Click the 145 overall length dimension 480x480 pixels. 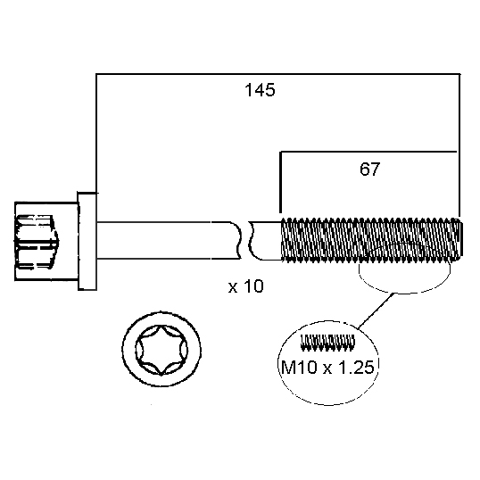tap(260, 90)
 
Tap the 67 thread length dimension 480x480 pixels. tap(369, 169)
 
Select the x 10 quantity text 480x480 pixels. tap(246, 286)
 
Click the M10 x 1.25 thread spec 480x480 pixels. tap(327, 367)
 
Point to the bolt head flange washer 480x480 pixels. tap(87, 241)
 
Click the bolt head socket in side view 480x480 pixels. tap(37, 242)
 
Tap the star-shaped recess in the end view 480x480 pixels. tap(161, 350)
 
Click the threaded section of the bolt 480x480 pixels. tap(372, 240)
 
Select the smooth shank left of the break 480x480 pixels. tap(169, 240)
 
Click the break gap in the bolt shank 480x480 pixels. tap(245, 240)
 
